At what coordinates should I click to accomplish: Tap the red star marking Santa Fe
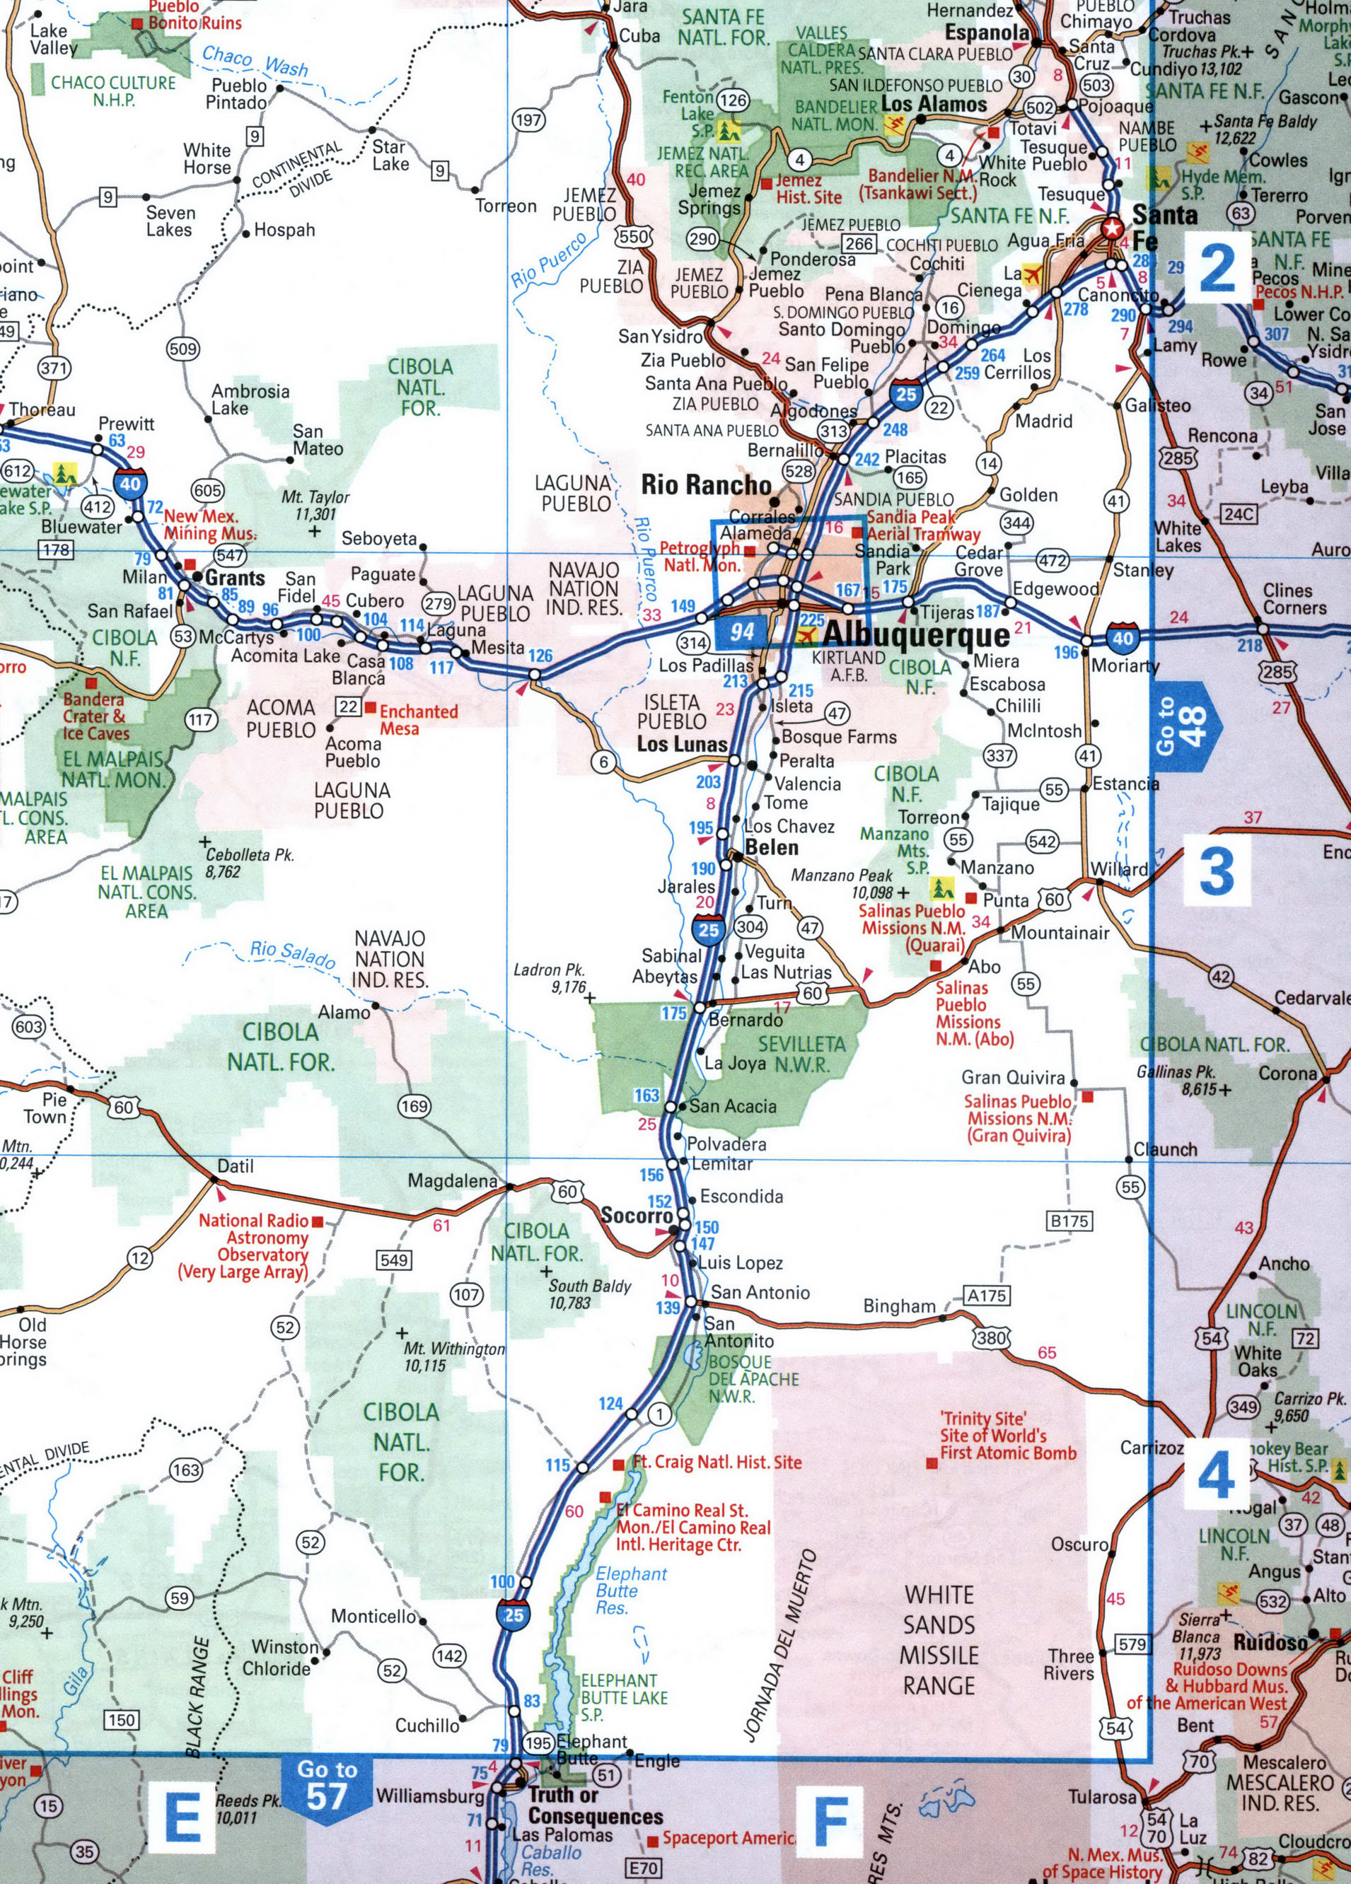(x=1111, y=228)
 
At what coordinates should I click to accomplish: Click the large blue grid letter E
(x=182, y=1816)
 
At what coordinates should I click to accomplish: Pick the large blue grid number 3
(x=1217, y=872)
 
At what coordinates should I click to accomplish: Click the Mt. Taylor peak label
(x=315, y=506)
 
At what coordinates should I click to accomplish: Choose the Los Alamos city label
(x=934, y=105)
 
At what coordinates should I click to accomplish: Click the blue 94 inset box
(x=742, y=632)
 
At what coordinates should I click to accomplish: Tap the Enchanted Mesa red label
(x=418, y=720)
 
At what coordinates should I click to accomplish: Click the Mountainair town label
(x=1060, y=933)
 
